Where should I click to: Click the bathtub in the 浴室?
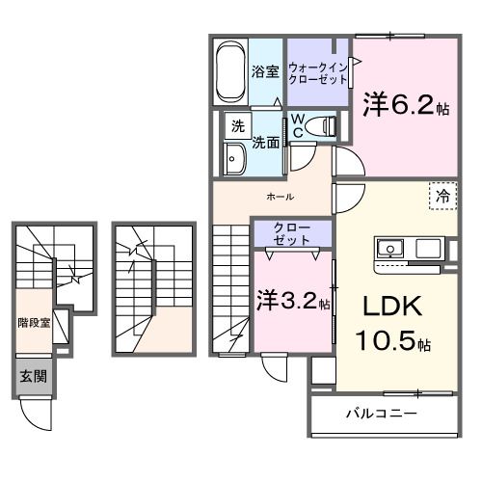point(229,70)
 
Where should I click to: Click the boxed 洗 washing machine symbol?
point(236,125)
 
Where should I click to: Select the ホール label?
point(281,197)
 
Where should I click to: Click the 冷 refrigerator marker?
point(443,195)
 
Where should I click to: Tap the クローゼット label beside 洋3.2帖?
point(291,233)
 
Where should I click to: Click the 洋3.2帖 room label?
point(292,301)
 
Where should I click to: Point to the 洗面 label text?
point(266,143)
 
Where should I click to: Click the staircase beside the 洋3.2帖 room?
point(231,289)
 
